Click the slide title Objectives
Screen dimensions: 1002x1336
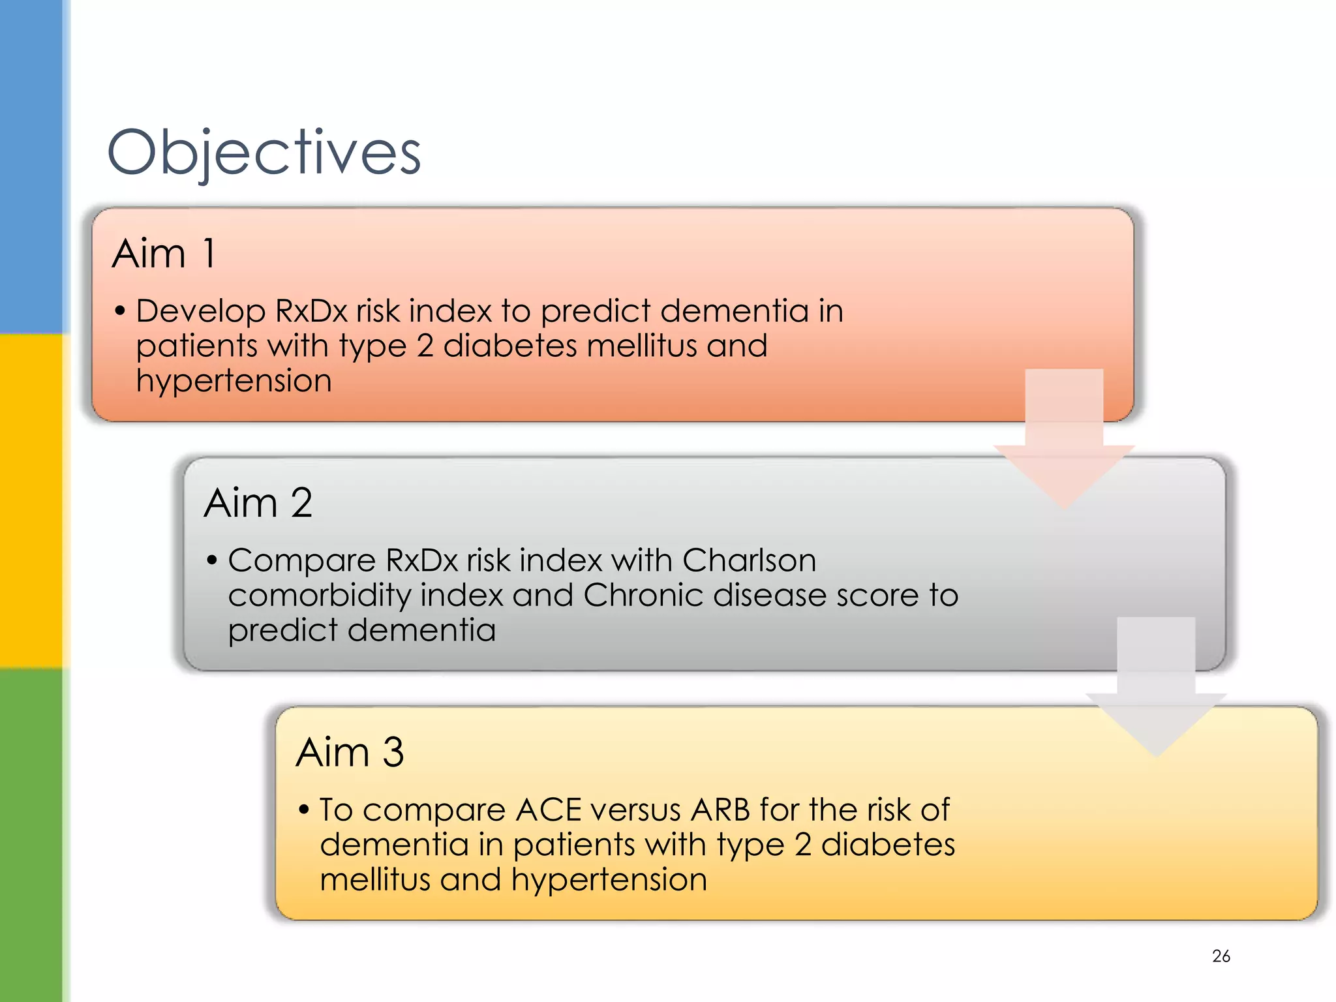pyautogui.click(x=264, y=153)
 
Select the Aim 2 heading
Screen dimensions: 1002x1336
pyautogui.click(x=258, y=503)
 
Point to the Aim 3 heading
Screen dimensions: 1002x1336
pyautogui.click(x=350, y=752)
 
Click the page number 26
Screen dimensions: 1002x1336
pyautogui.click(x=1221, y=956)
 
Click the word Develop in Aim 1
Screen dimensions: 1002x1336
pyautogui.click(x=200, y=311)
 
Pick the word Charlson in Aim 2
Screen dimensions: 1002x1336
pyautogui.click(x=749, y=560)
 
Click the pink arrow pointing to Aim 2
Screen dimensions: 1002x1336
pyautogui.click(x=1064, y=444)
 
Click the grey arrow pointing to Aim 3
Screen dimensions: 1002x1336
pyautogui.click(x=1156, y=691)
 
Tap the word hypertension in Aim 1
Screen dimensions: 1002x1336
pyautogui.click(x=234, y=382)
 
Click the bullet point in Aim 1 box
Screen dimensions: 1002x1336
pyautogui.click(x=120, y=311)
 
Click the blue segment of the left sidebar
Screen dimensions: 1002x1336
pyautogui.click(x=31, y=163)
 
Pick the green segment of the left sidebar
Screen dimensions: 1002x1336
pyautogui.click(x=31, y=835)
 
